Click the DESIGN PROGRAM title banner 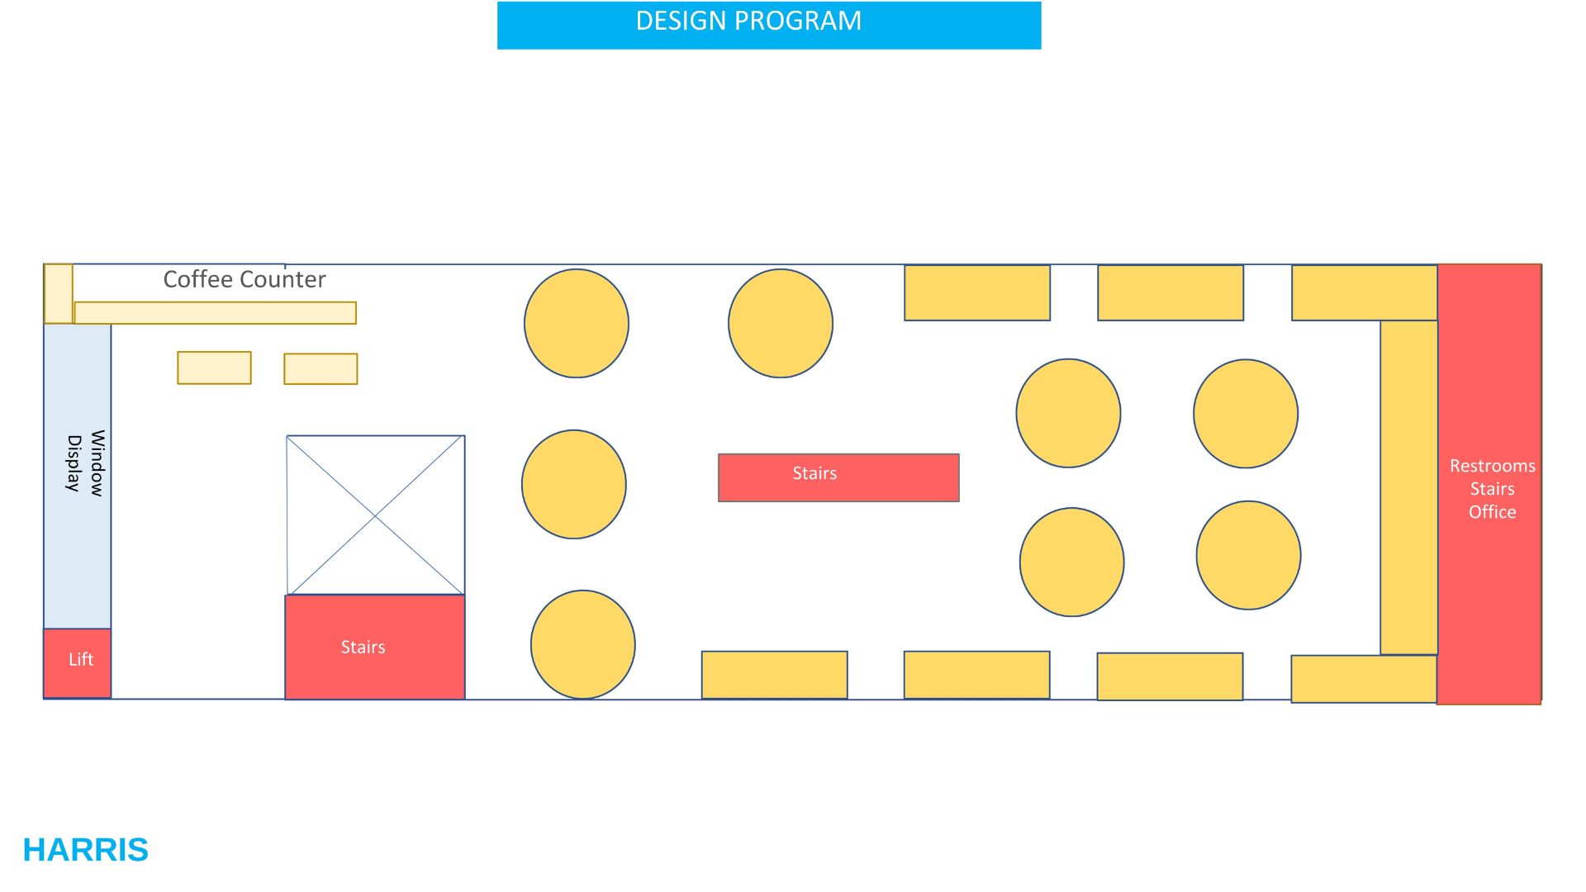pyautogui.click(x=768, y=25)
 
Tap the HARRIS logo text pyautogui.click(x=86, y=850)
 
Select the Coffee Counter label pyautogui.click(x=245, y=279)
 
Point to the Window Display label pyautogui.click(x=85, y=463)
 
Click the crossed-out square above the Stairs pyautogui.click(x=375, y=515)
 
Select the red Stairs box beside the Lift pyautogui.click(x=375, y=647)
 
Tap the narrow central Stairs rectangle pyautogui.click(x=838, y=477)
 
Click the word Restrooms pyautogui.click(x=1492, y=466)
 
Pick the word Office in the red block pyautogui.click(x=1492, y=512)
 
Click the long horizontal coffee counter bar pyautogui.click(x=215, y=313)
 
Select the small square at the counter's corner pyautogui.click(x=58, y=293)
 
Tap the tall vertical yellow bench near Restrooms pyautogui.click(x=1408, y=487)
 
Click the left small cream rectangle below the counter pyautogui.click(x=214, y=368)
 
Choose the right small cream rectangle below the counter pyautogui.click(x=321, y=369)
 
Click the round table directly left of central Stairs pyautogui.click(x=574, y=484)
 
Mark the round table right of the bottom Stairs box pyautogui.click(x=583, y=644)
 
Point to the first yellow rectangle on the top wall pyautogui.click(x=977, y=292)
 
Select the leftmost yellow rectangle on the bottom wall pyautogui.click(x=774, y=675)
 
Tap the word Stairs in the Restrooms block pyautogui.click(x=1492, y=489)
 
